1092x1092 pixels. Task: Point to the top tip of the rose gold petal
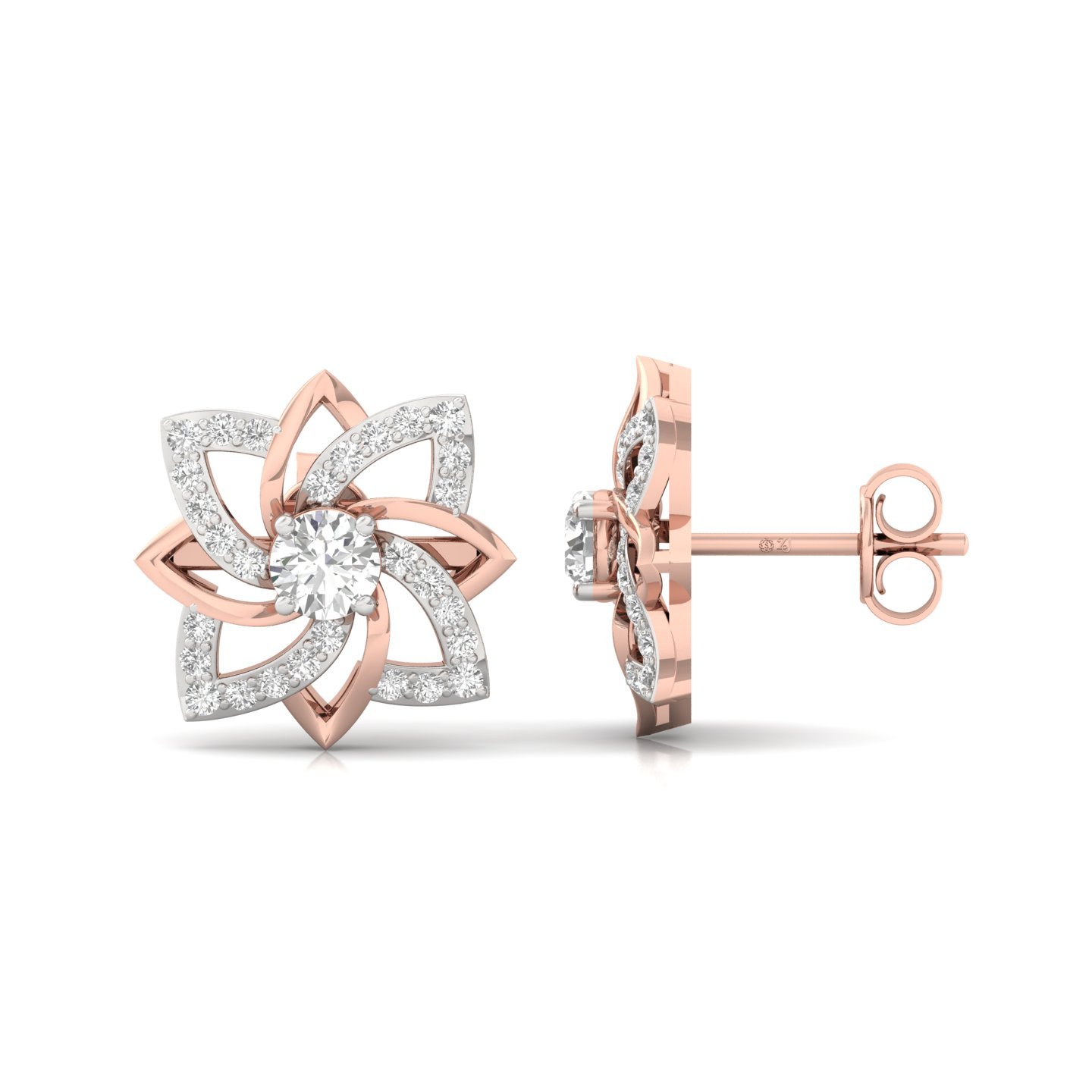(323, 372)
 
